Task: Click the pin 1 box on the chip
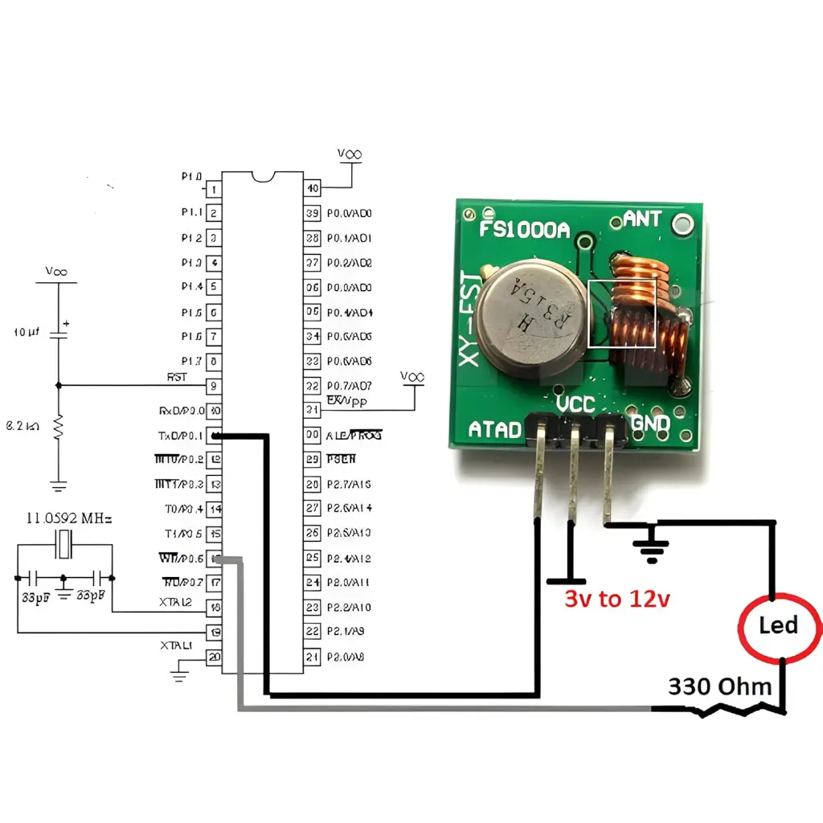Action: [215, 189]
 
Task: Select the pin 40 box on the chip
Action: [312, 189]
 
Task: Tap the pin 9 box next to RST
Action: [215, 386]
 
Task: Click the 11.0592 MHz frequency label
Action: [69, 519]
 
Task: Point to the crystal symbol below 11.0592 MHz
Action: [65, 547]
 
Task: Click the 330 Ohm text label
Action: [720, 686]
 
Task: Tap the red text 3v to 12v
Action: [616, 599]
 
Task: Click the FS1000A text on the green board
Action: [524, 230]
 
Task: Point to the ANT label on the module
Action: [642, 218]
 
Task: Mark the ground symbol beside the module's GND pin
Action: [652, 543]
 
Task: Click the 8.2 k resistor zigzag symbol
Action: [57, 426]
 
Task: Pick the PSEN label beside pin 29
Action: [341, 459]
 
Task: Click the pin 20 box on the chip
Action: [215, 657]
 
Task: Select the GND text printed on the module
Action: [650, 423]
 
